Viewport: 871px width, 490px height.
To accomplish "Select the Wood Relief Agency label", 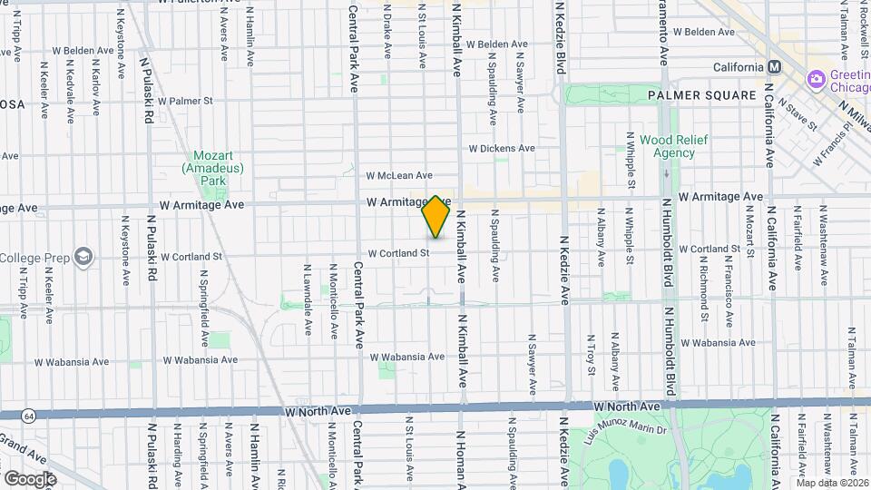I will (667, 146).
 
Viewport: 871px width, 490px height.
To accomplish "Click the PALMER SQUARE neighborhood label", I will (701, 95).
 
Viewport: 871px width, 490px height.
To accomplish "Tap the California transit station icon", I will (775, 67).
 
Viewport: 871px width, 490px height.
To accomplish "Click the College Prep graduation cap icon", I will (83, 257).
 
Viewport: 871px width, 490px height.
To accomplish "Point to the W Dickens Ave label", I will (502, 148).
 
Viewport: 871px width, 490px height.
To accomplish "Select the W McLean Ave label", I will (399, 175).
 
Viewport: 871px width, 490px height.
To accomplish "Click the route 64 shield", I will (31, 416).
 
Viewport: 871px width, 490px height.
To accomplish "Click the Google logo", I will (31, 478).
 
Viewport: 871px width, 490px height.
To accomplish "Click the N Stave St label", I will (794, 119).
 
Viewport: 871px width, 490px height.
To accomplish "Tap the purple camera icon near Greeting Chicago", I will (817, 80).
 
